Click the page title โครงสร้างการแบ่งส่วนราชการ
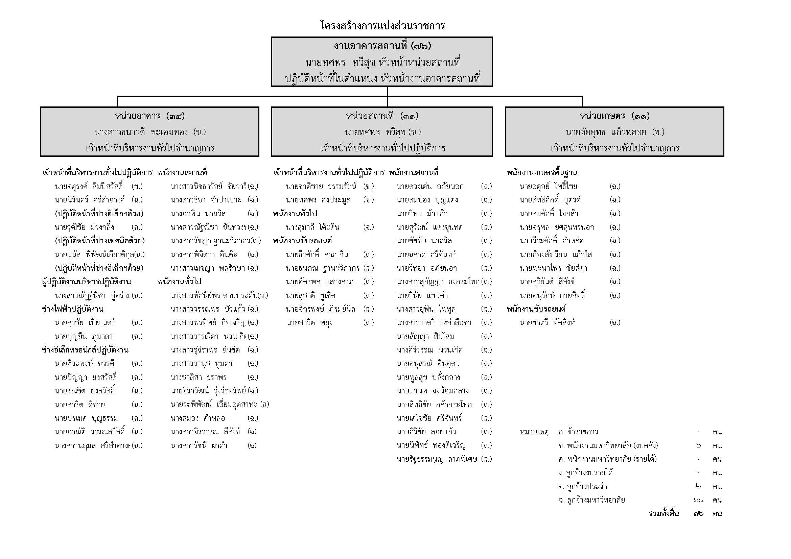382,25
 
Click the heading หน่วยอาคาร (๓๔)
150,116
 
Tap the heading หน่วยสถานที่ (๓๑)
382,116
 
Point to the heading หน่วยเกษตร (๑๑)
614,116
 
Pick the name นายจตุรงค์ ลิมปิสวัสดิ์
89,187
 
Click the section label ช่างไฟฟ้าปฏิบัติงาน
73,309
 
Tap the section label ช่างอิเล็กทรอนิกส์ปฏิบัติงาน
85,350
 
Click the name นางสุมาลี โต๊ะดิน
312,227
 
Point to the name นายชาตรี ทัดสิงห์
547,323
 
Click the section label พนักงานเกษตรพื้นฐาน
541,173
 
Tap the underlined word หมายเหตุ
534,432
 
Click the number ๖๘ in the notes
698,500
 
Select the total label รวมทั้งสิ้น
664,514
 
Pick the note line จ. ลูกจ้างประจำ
583,487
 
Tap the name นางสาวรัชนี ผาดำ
199,446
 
